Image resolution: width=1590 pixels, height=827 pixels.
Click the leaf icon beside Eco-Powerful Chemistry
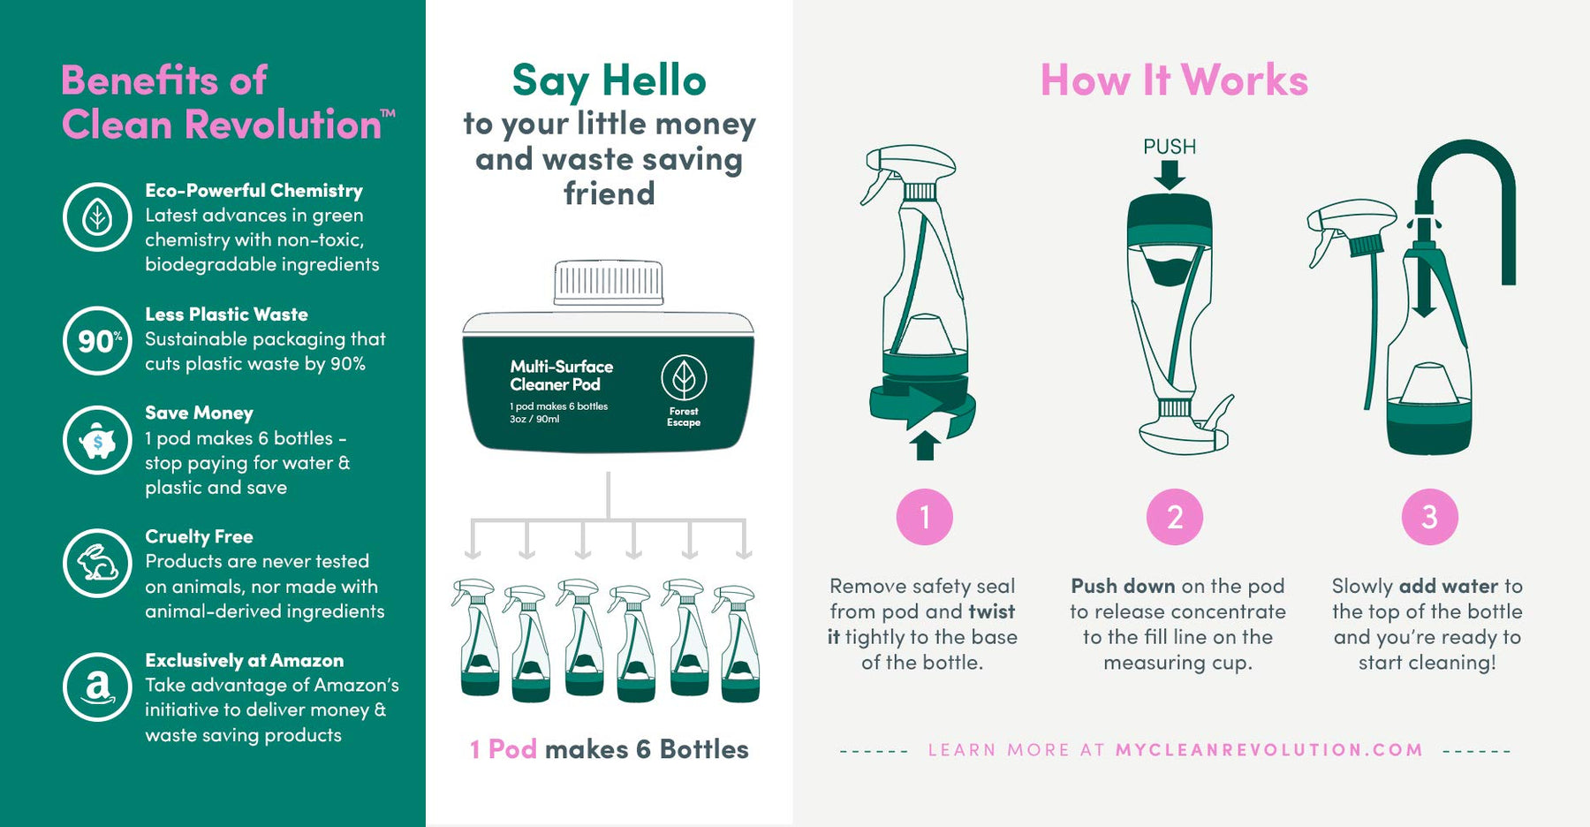point(97,217)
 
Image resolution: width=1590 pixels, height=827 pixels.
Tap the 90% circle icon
point(97,341)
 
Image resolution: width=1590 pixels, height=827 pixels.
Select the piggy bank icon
point(97,440)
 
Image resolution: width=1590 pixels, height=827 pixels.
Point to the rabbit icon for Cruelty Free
point(97,564)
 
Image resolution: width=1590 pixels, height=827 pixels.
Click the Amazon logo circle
point(97,687)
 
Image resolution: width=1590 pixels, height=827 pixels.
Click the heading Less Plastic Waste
point(226,315)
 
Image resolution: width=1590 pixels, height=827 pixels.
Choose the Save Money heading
point(199,413)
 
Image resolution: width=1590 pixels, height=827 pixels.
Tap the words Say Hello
point(609,81)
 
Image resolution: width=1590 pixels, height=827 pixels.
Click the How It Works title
point(1174,80)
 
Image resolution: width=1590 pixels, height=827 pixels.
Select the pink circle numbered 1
point(924,517)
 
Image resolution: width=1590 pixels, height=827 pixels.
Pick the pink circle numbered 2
point(1175,517)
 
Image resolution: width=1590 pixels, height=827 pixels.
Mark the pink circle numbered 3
point(1429,517)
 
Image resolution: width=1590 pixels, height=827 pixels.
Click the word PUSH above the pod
point(1170,147)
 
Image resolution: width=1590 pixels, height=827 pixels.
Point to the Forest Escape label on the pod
point(684,417)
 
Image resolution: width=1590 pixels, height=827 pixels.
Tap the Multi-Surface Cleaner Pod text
point(561,376)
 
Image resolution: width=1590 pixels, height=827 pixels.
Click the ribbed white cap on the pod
point(609,283)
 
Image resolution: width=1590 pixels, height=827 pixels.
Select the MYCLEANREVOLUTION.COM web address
point(1269,750)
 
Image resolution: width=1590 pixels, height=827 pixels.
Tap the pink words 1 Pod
point(503,749)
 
